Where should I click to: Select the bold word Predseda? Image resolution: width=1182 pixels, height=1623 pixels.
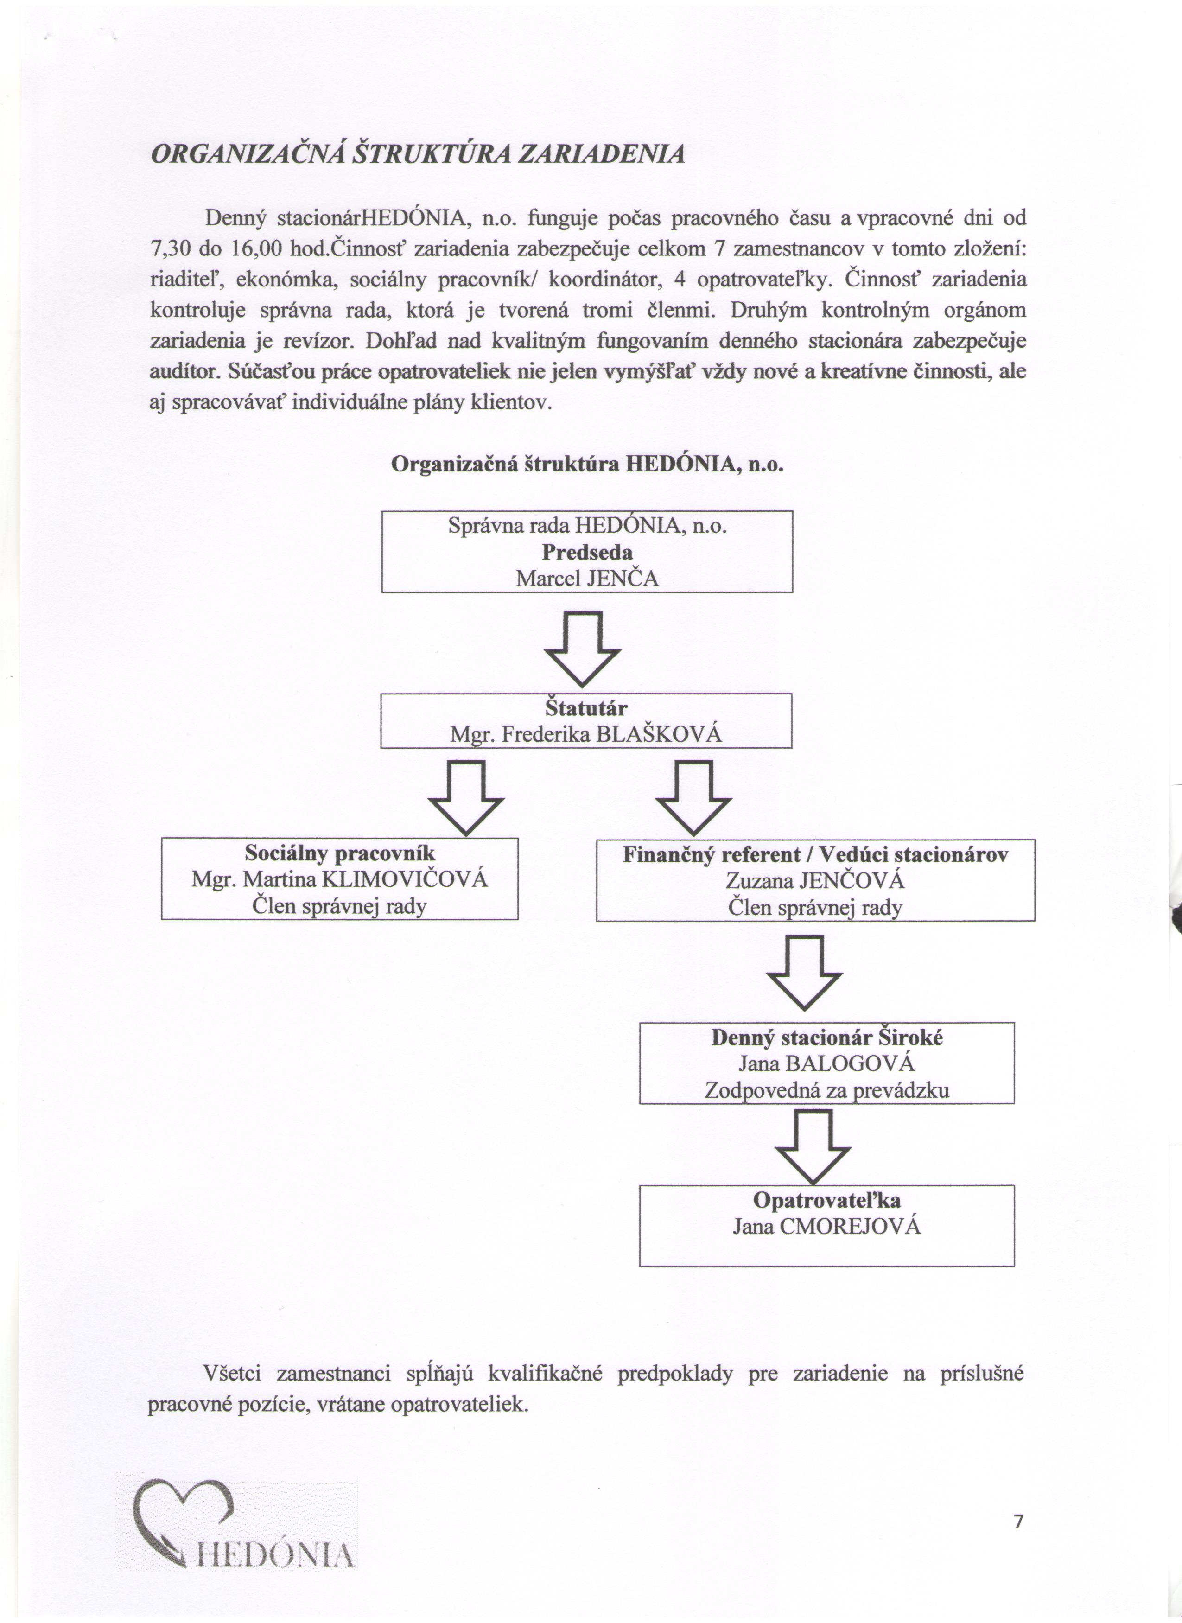[x=587, y=553]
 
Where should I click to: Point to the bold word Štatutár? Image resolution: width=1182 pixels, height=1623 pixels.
[x=586, y=708]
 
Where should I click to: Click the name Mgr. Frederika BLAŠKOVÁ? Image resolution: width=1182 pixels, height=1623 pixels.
[x=586, y=734]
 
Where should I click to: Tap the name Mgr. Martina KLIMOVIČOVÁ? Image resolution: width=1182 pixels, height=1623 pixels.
[x=340, y=879]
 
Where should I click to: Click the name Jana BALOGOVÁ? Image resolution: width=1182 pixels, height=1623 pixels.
[x=826, y=1063]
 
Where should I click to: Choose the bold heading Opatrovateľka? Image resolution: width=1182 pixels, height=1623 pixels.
[x=826, y=1200]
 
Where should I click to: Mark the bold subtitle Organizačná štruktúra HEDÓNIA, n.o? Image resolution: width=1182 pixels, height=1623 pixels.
[x=587, y=465]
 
